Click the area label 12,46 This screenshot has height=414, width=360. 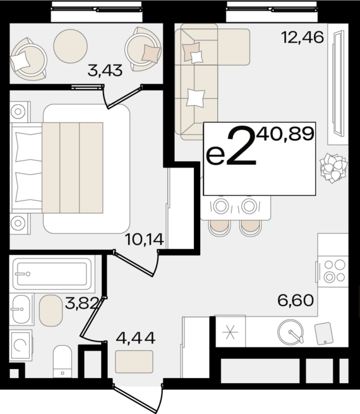[x=303, y=37]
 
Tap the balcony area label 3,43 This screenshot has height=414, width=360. [x=105, y=71]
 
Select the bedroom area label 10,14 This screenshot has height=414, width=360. [x=145, y=240]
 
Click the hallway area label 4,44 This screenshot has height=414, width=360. [x=136, y=338]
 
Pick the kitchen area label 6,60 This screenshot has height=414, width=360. [x=296, y=300]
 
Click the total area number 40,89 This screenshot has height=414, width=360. [x=286, y=133]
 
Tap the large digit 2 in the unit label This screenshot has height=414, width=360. [x=241, y=146]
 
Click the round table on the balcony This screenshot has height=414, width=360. [x=70, y=46]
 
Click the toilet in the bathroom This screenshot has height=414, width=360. [x=63, y=362]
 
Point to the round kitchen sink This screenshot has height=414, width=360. [x=291, y=332]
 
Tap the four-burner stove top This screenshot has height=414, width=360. [x=333, y=271]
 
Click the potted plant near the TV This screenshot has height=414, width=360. [x=333, y=167]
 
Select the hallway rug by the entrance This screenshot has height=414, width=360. [x=135, y=362]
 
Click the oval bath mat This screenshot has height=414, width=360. [x=51, y=310]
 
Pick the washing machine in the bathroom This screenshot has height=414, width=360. [x=21, y=346]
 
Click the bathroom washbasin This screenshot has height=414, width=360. [x=21, y=309]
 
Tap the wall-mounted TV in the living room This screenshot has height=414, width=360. [x=338, y=83]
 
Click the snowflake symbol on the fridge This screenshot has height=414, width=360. [x=231, y=332]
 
